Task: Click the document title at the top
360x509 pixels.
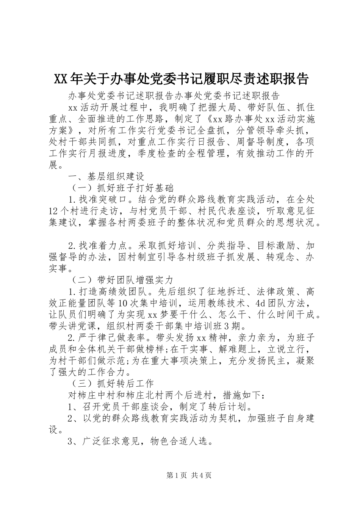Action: coord(181,79)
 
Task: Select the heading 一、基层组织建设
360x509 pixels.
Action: coord(106,176)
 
